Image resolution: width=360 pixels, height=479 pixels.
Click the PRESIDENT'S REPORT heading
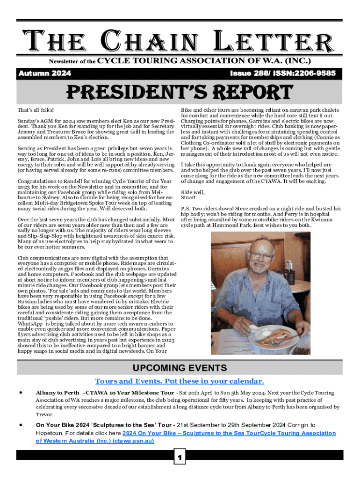(x=180, y=92)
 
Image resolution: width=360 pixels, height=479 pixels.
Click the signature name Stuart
(x=190, y=197)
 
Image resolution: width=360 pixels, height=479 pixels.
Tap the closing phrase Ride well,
(x=193, y=192)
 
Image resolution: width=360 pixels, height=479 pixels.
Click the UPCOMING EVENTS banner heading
(x=180, y=368)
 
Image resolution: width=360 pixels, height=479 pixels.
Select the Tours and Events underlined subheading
(x=180, y=381)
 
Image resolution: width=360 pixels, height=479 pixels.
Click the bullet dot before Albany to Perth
(x=22, y=392)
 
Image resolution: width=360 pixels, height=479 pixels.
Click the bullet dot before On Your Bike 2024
(x=22, y=425)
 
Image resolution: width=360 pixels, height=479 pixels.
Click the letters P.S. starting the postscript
(x=186, y=208)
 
